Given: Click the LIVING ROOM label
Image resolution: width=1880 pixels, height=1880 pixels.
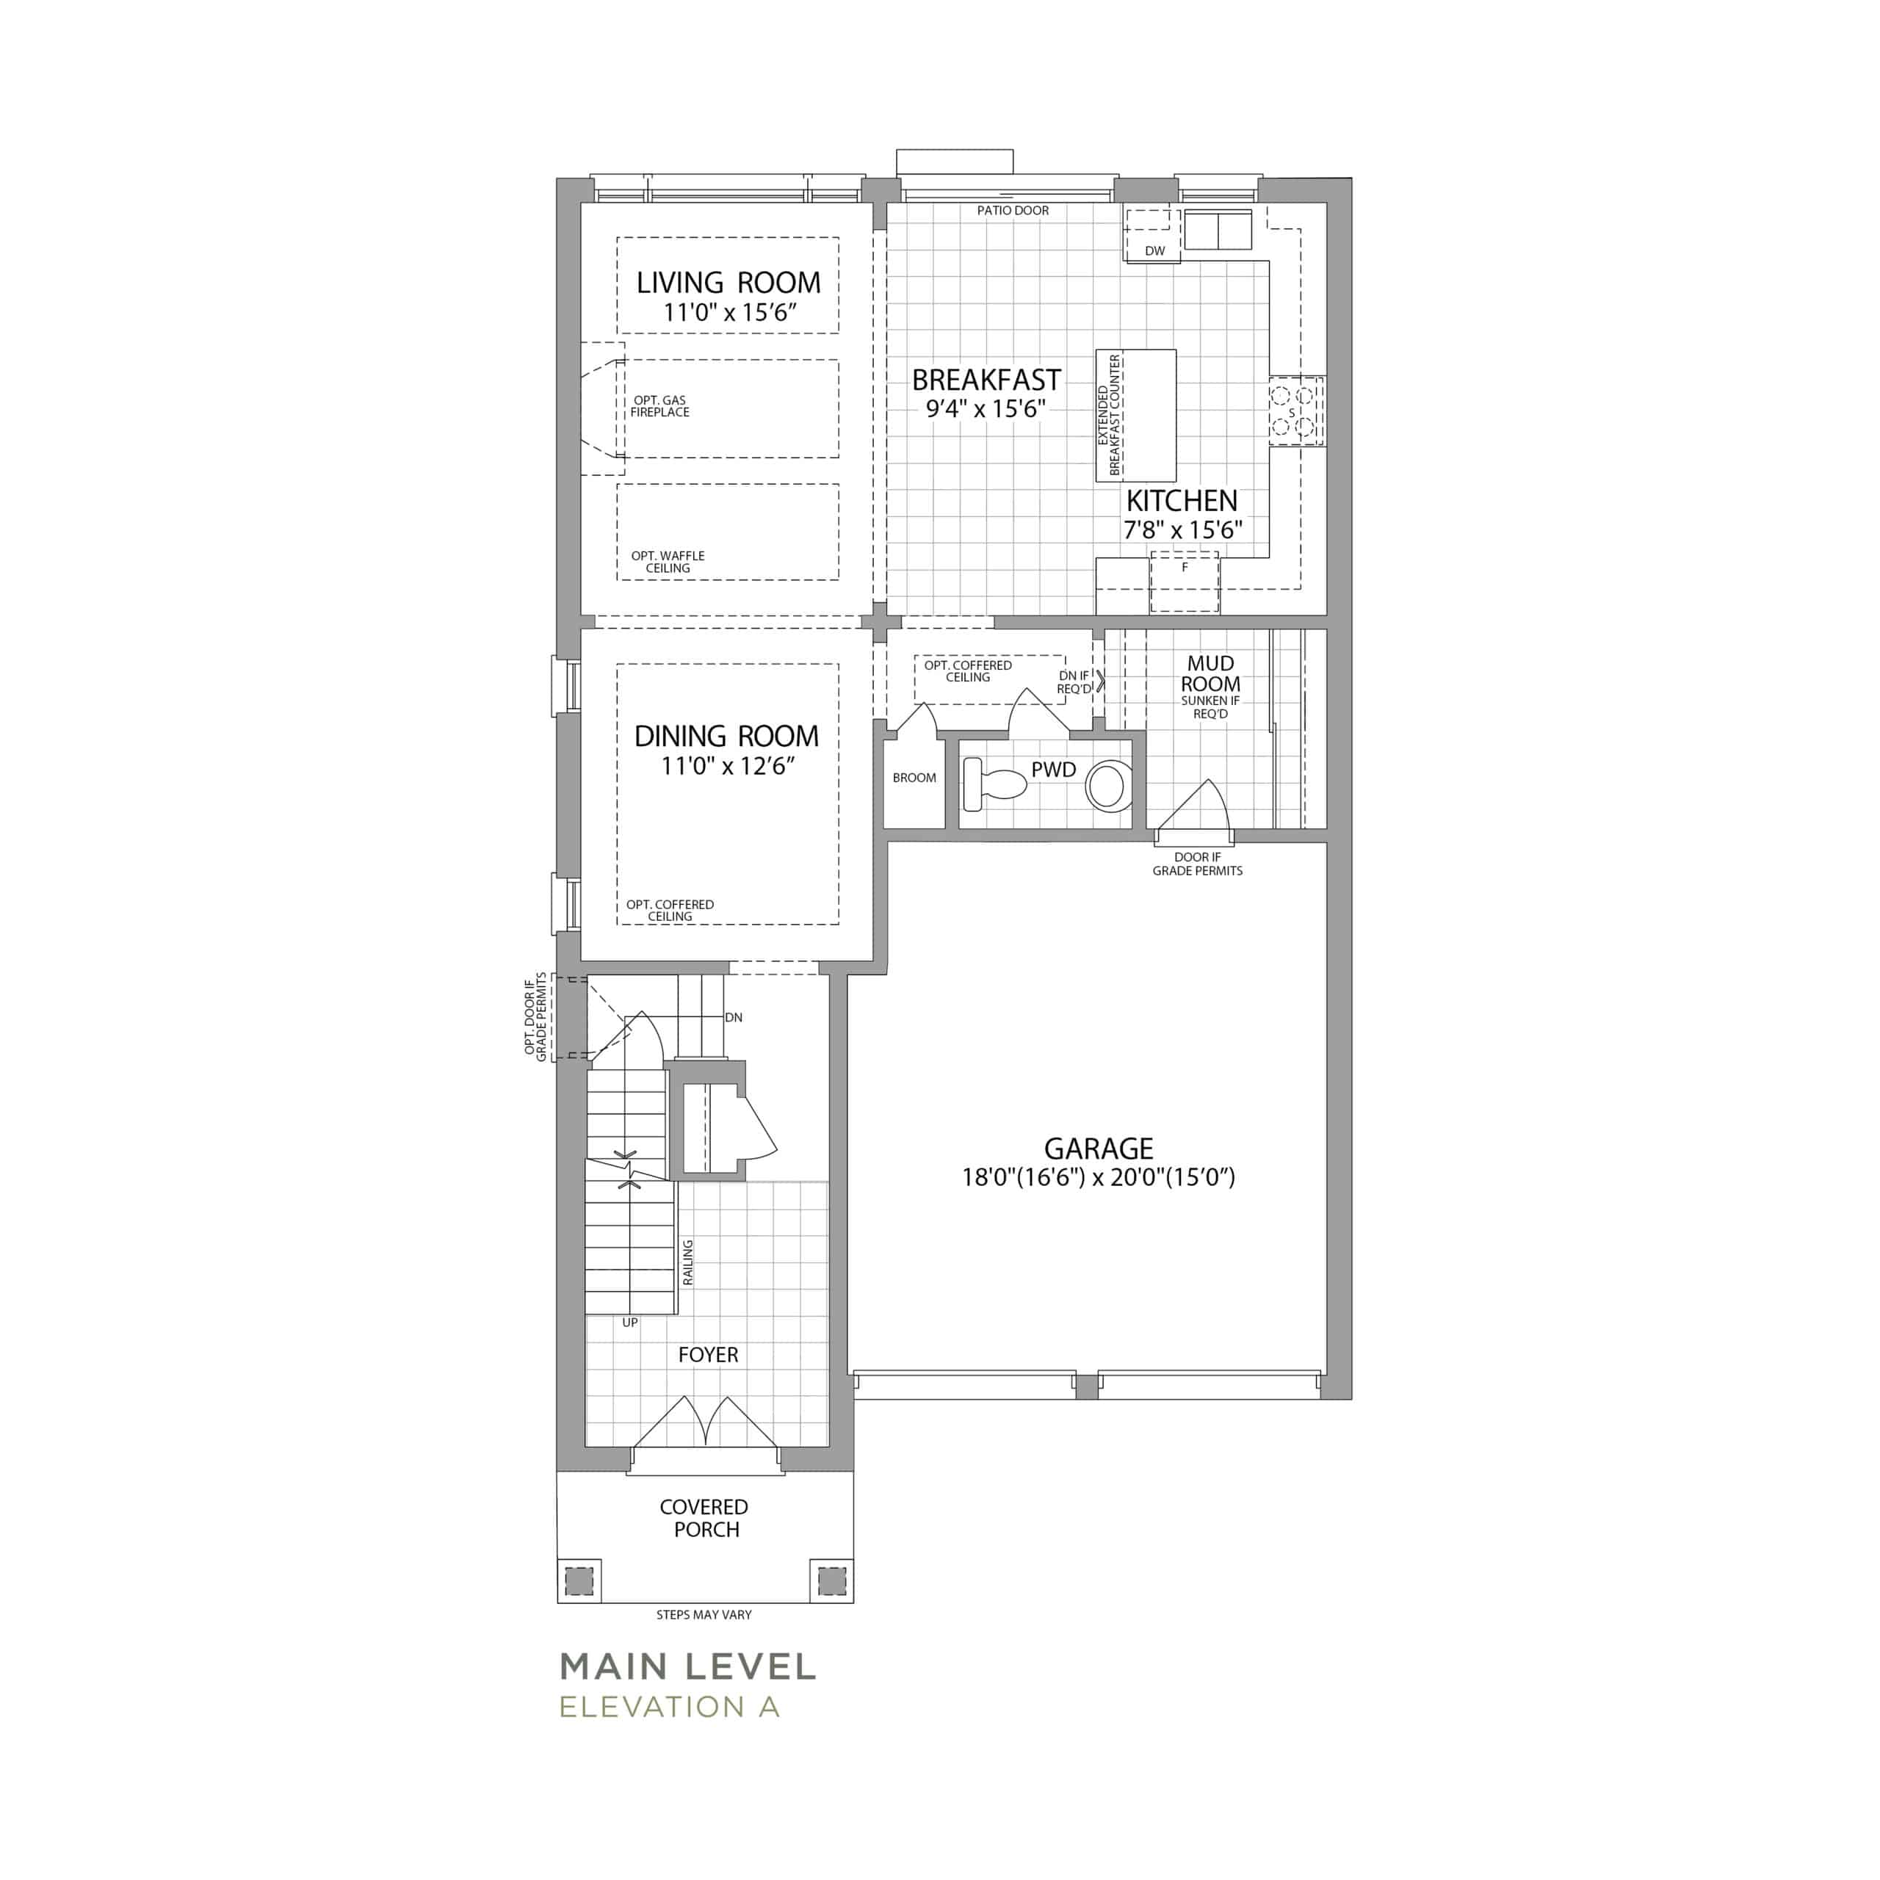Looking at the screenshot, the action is tap(728, 283).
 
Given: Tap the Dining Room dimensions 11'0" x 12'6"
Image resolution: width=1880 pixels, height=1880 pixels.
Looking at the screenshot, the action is tap(728, 766).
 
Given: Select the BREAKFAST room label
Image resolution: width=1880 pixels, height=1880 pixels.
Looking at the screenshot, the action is tap(986, 380).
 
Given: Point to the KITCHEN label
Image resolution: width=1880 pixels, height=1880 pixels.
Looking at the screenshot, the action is tap(1182, 501).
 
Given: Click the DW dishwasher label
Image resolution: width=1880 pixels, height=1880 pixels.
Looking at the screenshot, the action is tap(1154, 251).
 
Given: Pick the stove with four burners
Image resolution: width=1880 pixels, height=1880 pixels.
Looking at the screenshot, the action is tap(1296, 411).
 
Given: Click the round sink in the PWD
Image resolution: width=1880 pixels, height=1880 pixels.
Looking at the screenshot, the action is tap(1107, 787).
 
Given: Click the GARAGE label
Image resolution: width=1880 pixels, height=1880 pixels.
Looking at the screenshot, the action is tap(1099, 1149).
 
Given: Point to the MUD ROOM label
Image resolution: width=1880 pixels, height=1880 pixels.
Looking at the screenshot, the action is tap(1210, 673).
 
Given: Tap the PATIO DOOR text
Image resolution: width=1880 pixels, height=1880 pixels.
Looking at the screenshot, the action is tap(1013, 210).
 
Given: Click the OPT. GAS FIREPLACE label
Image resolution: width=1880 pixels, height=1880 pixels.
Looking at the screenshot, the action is tap(659, 406).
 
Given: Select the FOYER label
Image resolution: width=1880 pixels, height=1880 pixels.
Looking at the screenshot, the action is tap(709, 1354).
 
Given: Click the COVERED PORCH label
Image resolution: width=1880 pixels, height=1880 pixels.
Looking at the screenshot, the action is tap(704, 1518).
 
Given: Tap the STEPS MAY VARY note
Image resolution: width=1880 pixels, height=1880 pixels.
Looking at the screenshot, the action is tap(704, 1614).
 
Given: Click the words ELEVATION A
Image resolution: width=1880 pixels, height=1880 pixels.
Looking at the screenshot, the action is tap(670, 1706).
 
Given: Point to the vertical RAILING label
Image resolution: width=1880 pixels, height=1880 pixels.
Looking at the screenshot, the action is tap(688, 1262).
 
